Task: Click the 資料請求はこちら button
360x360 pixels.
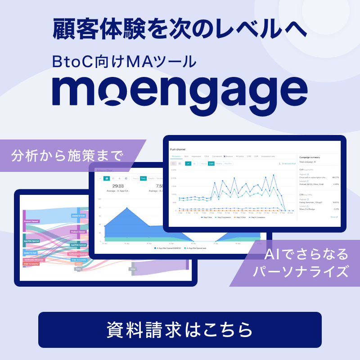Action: [x=180, y=329]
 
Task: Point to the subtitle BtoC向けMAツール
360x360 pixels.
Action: [x=124, y=60]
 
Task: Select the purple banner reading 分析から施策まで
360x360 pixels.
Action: [x=67, y=156]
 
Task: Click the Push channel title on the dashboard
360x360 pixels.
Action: [x=178, y=148]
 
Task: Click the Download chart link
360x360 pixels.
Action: [x=288, y=164]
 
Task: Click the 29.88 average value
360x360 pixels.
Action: [x=118, y=186]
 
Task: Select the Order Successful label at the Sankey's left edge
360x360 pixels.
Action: [x=31, y=264]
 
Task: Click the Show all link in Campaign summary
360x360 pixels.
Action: [x=333, y=217]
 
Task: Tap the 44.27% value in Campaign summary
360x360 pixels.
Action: [x=335, y=177]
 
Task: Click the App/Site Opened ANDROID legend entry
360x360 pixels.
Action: [x=168, y=248]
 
